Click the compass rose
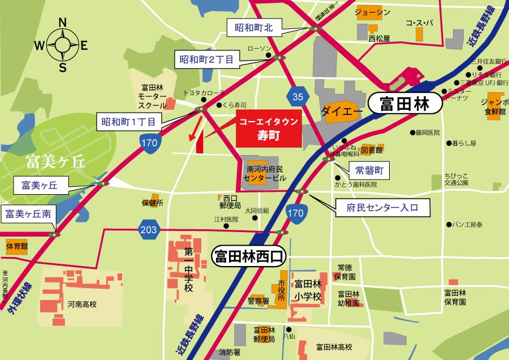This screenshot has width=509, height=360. point(63,45)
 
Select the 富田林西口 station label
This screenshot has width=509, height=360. point(249,256)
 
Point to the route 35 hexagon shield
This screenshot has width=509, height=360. point(298,97)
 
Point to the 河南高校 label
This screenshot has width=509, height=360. point(82,304)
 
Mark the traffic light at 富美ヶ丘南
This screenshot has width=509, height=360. point(54,234)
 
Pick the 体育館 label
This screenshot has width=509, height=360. point(16,247)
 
